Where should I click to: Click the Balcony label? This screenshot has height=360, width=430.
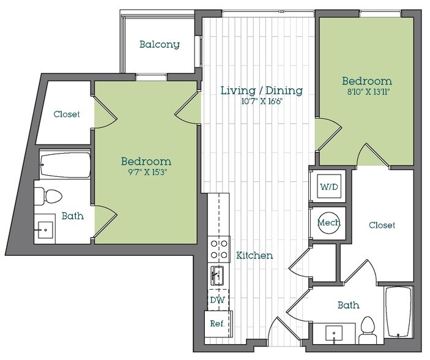(x=159, y=44)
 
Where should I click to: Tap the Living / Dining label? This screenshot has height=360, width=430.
(x=261, y=91)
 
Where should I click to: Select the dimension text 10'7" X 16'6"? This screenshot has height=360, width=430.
(x=261, y=102)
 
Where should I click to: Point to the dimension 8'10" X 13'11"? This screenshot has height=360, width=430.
(x=366, y=92)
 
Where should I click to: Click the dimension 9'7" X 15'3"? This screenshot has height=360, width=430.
(x=146, y=173)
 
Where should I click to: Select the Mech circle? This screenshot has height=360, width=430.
(x=328, y=222)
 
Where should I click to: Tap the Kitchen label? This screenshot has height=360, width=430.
(x=254, y=255)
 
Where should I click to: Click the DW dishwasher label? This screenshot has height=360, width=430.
(x=217, y=300)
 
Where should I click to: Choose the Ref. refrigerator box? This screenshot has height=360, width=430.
(x=217, y=323)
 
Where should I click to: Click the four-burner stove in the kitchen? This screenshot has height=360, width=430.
(x=219, y=249)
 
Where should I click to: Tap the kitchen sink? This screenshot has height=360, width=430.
(x=218, y=276)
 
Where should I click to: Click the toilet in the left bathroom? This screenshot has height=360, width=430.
(x=48, y=196)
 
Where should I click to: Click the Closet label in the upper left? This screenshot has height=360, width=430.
(x=66, y=114)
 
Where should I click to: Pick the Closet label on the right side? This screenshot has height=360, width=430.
(x=382, y=225)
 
